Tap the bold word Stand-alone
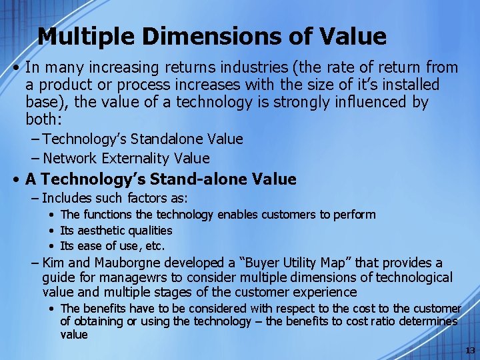(185, 179)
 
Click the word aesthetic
(101, 231)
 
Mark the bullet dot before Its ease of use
(51, 246)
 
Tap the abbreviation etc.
(155, 246)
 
